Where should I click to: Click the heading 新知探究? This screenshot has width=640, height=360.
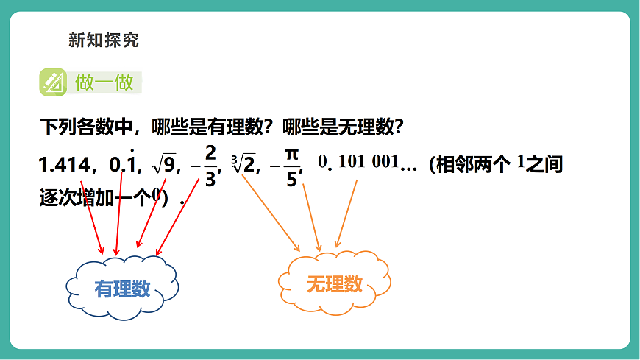[103, 40]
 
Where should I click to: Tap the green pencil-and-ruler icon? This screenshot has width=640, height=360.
[53, 82]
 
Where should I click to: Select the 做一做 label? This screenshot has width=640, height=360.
[104, 82]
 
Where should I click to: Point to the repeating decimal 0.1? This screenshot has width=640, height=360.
[124, 165]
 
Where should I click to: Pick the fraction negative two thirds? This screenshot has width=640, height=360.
[207, 166]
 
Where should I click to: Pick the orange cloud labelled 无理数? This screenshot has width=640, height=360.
[334, 282]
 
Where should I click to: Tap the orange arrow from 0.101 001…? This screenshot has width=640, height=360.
[347, 213]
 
